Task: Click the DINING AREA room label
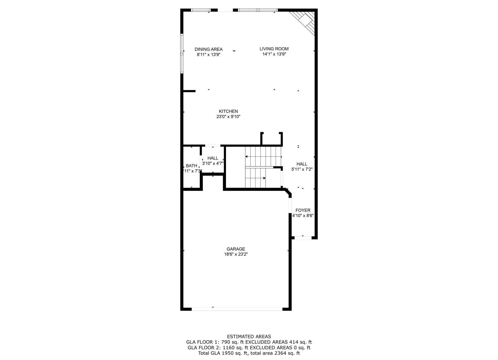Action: [x=208, y=49]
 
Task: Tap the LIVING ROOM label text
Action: [x=274, y=49]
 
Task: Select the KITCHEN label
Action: [x=228, y=111]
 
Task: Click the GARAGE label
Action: [x=236, y=249]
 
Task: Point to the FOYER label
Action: [x=303, y=210]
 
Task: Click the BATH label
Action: [x=191, y=166]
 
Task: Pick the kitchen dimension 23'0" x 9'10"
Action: [x=228, y=117]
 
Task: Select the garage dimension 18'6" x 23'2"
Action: [x=236, y=254]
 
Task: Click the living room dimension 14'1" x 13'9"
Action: [x=274, y=54]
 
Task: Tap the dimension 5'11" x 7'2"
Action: [x=302, y=169]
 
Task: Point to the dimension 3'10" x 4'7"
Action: [x=213, y=164]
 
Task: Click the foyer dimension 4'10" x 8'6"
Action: [x=303, y=215]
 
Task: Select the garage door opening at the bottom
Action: [x=237, y=309]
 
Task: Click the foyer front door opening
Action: [x=303, y=238]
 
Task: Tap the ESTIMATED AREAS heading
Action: [x=249, y=337]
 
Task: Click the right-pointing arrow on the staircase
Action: [x=256, y=178]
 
